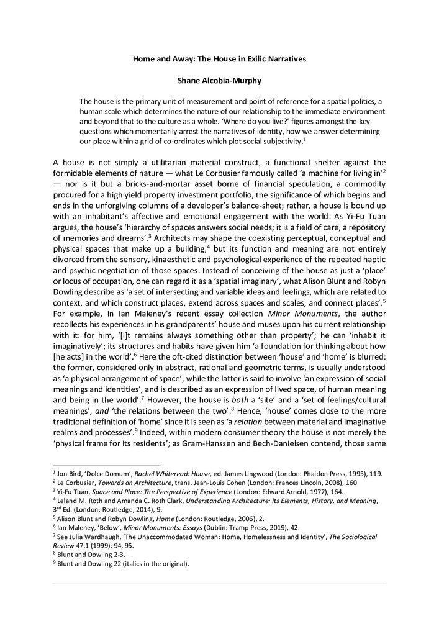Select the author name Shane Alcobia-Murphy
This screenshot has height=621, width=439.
click(x=219, y=81)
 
